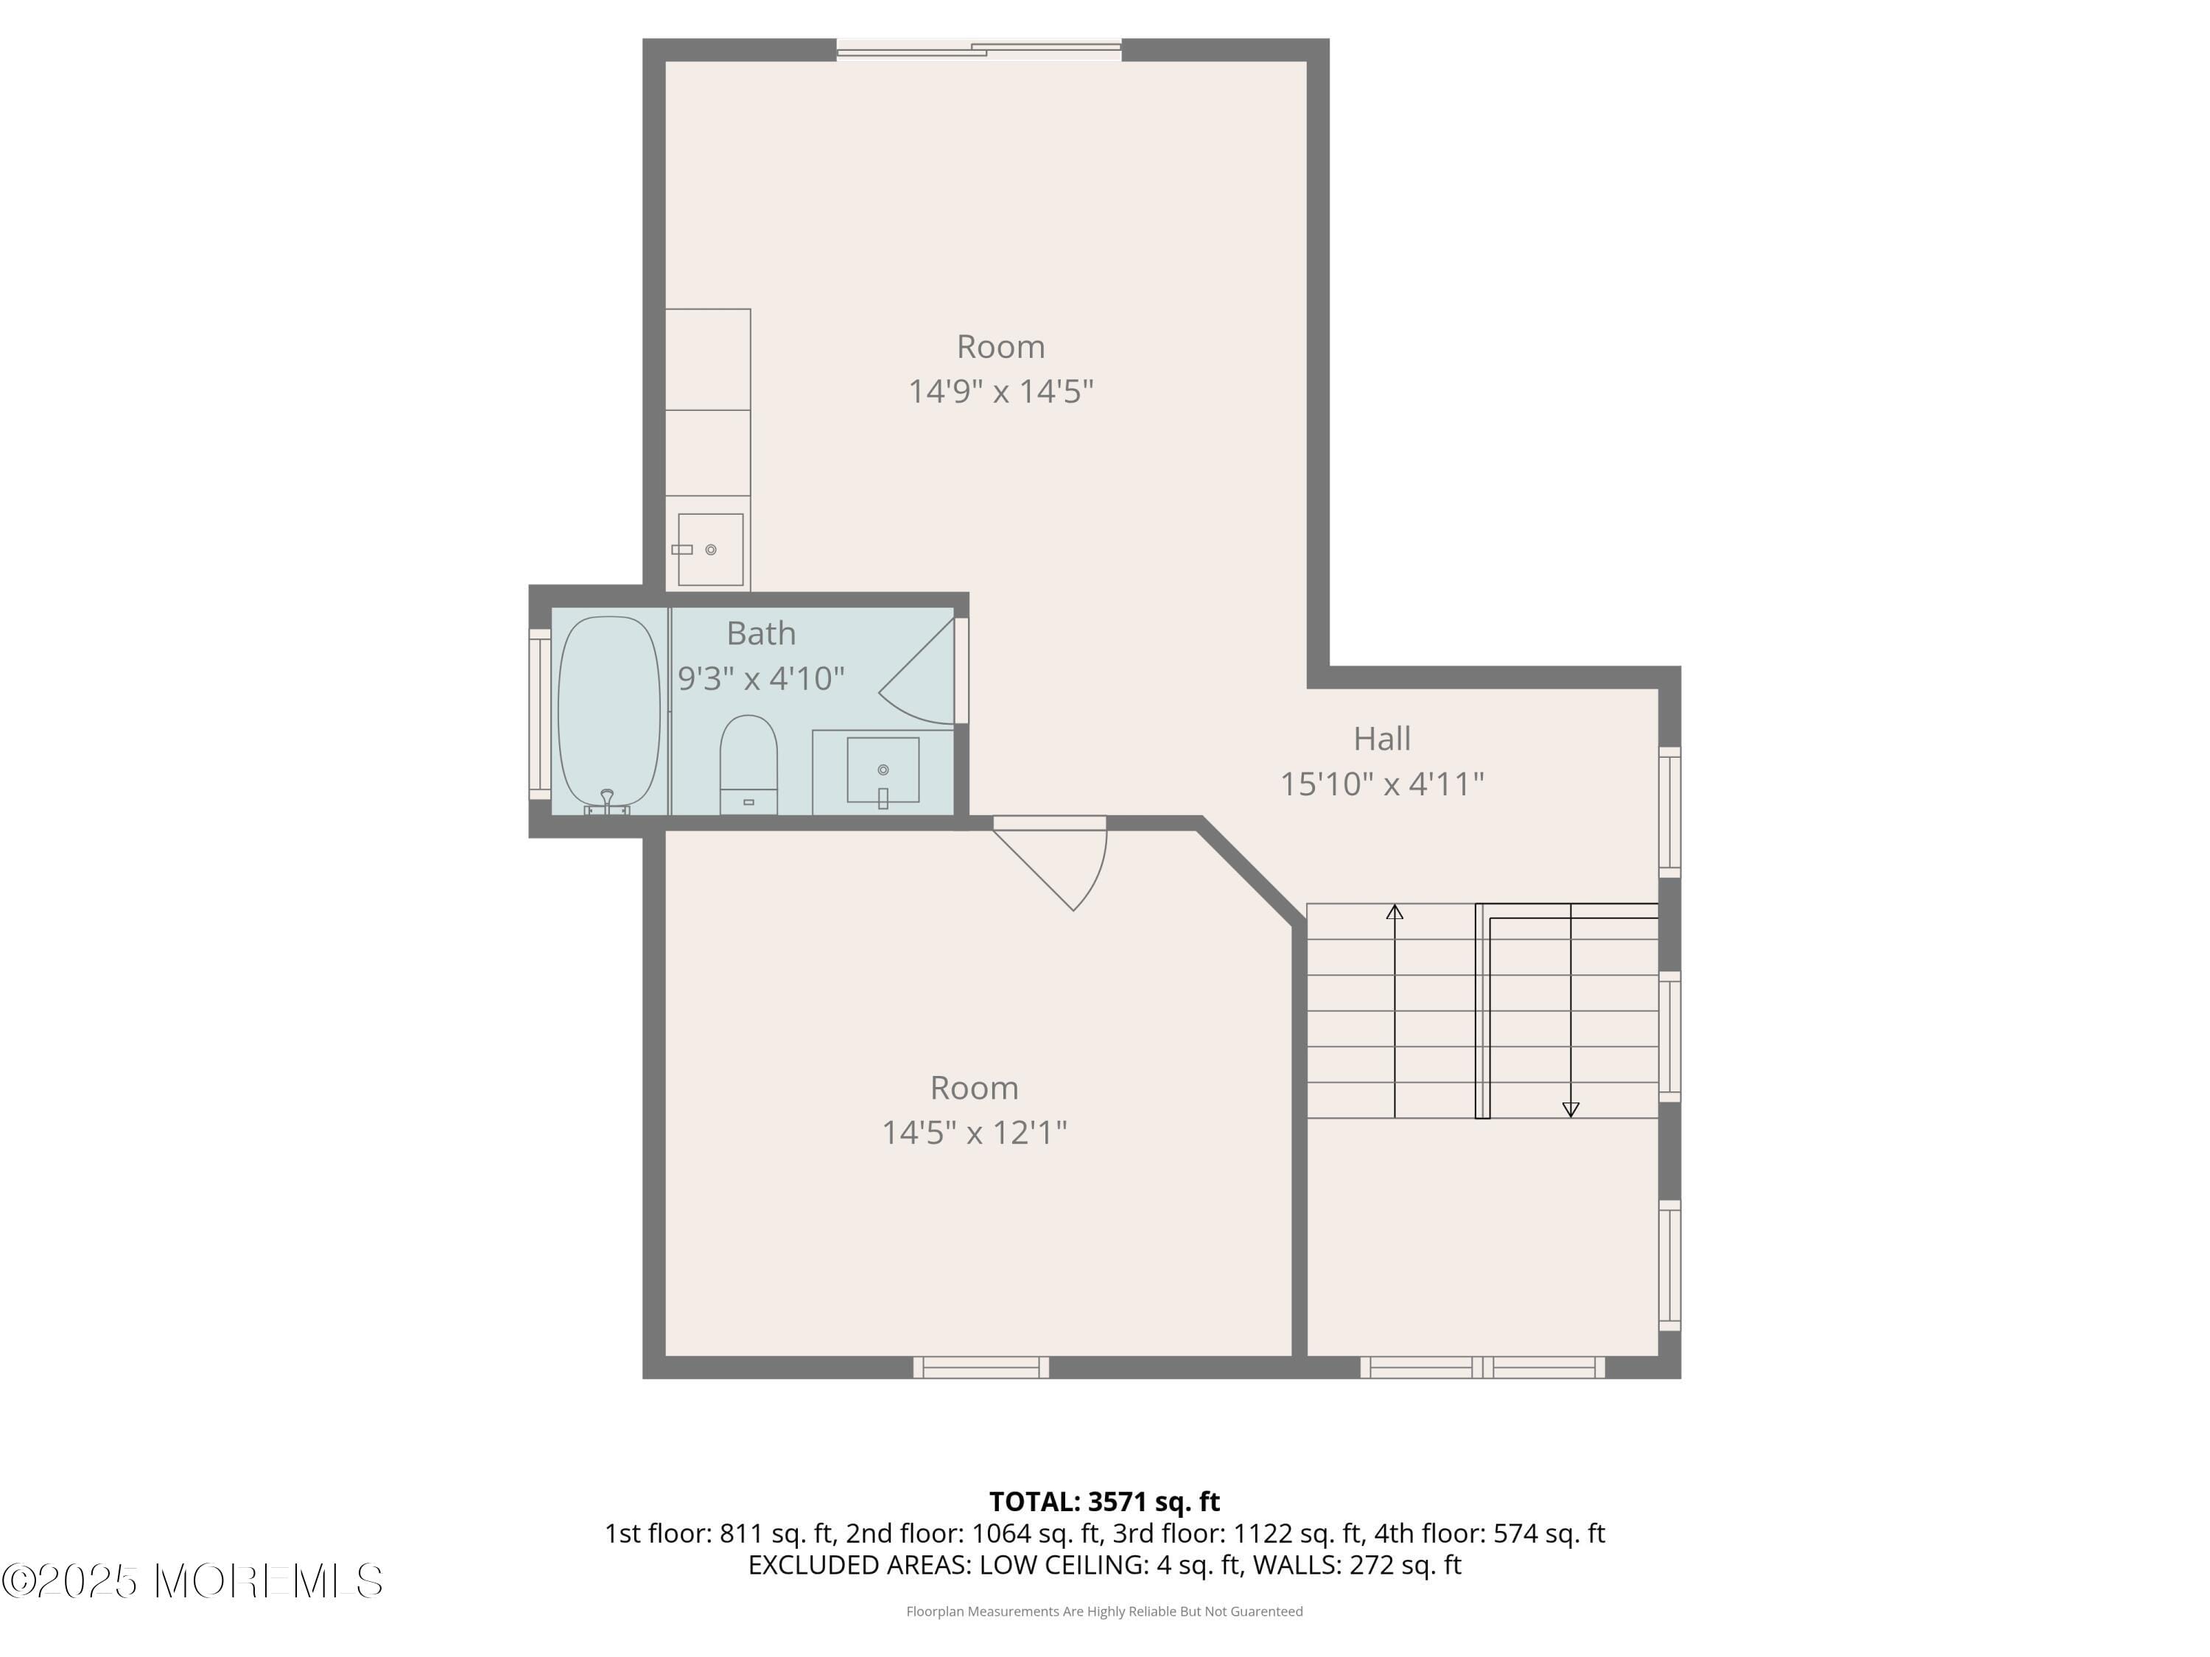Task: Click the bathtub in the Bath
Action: click(608, 711)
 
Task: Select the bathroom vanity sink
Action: click(883, 770)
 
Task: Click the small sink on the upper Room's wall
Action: click(709, 549)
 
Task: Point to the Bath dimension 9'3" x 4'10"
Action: click(761, 679)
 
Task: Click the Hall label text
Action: click(1382, 739)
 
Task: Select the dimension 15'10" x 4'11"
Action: click(1382, 784)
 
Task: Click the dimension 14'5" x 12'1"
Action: click(974, 1133)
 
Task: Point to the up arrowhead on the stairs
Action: click(1395, 912)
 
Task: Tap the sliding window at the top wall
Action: click(979, 49)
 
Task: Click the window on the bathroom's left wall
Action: click(539, 713)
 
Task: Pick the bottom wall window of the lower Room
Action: click(981, 1368)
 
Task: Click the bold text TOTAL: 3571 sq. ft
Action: click(1104, 1501)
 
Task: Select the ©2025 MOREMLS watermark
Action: click(192, 1581)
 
